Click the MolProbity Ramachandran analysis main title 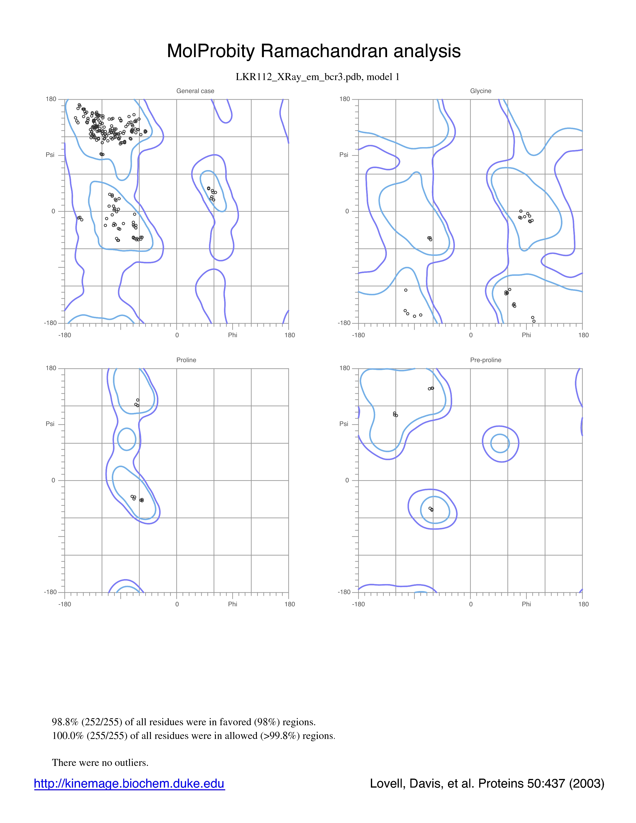coord(314,51)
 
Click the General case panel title coord(195,91)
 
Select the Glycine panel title coord(481,91)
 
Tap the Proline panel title coord(186,360)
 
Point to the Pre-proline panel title coord(486,360)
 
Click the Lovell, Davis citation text coord(487,783)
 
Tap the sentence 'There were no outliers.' coord(100,762)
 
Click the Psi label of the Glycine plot coord(344,155)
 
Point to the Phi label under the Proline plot coord(232,604)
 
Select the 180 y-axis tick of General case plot coord(51,99)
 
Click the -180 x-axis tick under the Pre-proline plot coord(358,604)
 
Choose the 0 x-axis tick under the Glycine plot coord(471,335)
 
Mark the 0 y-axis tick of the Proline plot coord(53,481)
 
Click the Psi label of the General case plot coord(50,155)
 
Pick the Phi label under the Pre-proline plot coord(526,604)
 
